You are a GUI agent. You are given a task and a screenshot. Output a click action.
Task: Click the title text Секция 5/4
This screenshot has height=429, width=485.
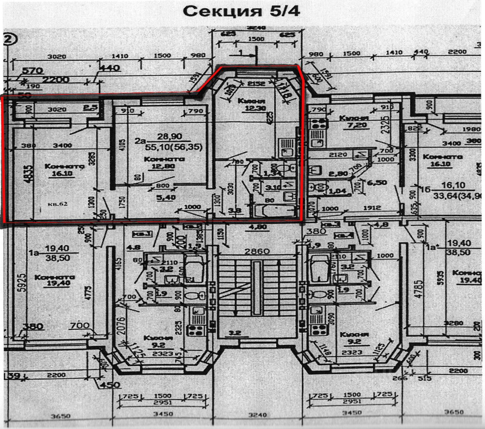[x=242, y=11]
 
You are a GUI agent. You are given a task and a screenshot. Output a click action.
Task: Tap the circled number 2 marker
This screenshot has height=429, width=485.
[x=8, y=39]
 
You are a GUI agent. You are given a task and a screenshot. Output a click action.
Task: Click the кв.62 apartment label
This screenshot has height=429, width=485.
[x=58, y=204]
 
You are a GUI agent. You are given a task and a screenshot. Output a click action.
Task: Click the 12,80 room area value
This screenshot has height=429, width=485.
[x=164, y=166]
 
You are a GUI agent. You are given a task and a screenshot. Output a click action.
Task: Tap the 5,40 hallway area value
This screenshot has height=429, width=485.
[x=159, y=197]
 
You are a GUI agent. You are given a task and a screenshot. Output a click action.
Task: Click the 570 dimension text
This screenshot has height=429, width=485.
[x=32, y=71]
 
